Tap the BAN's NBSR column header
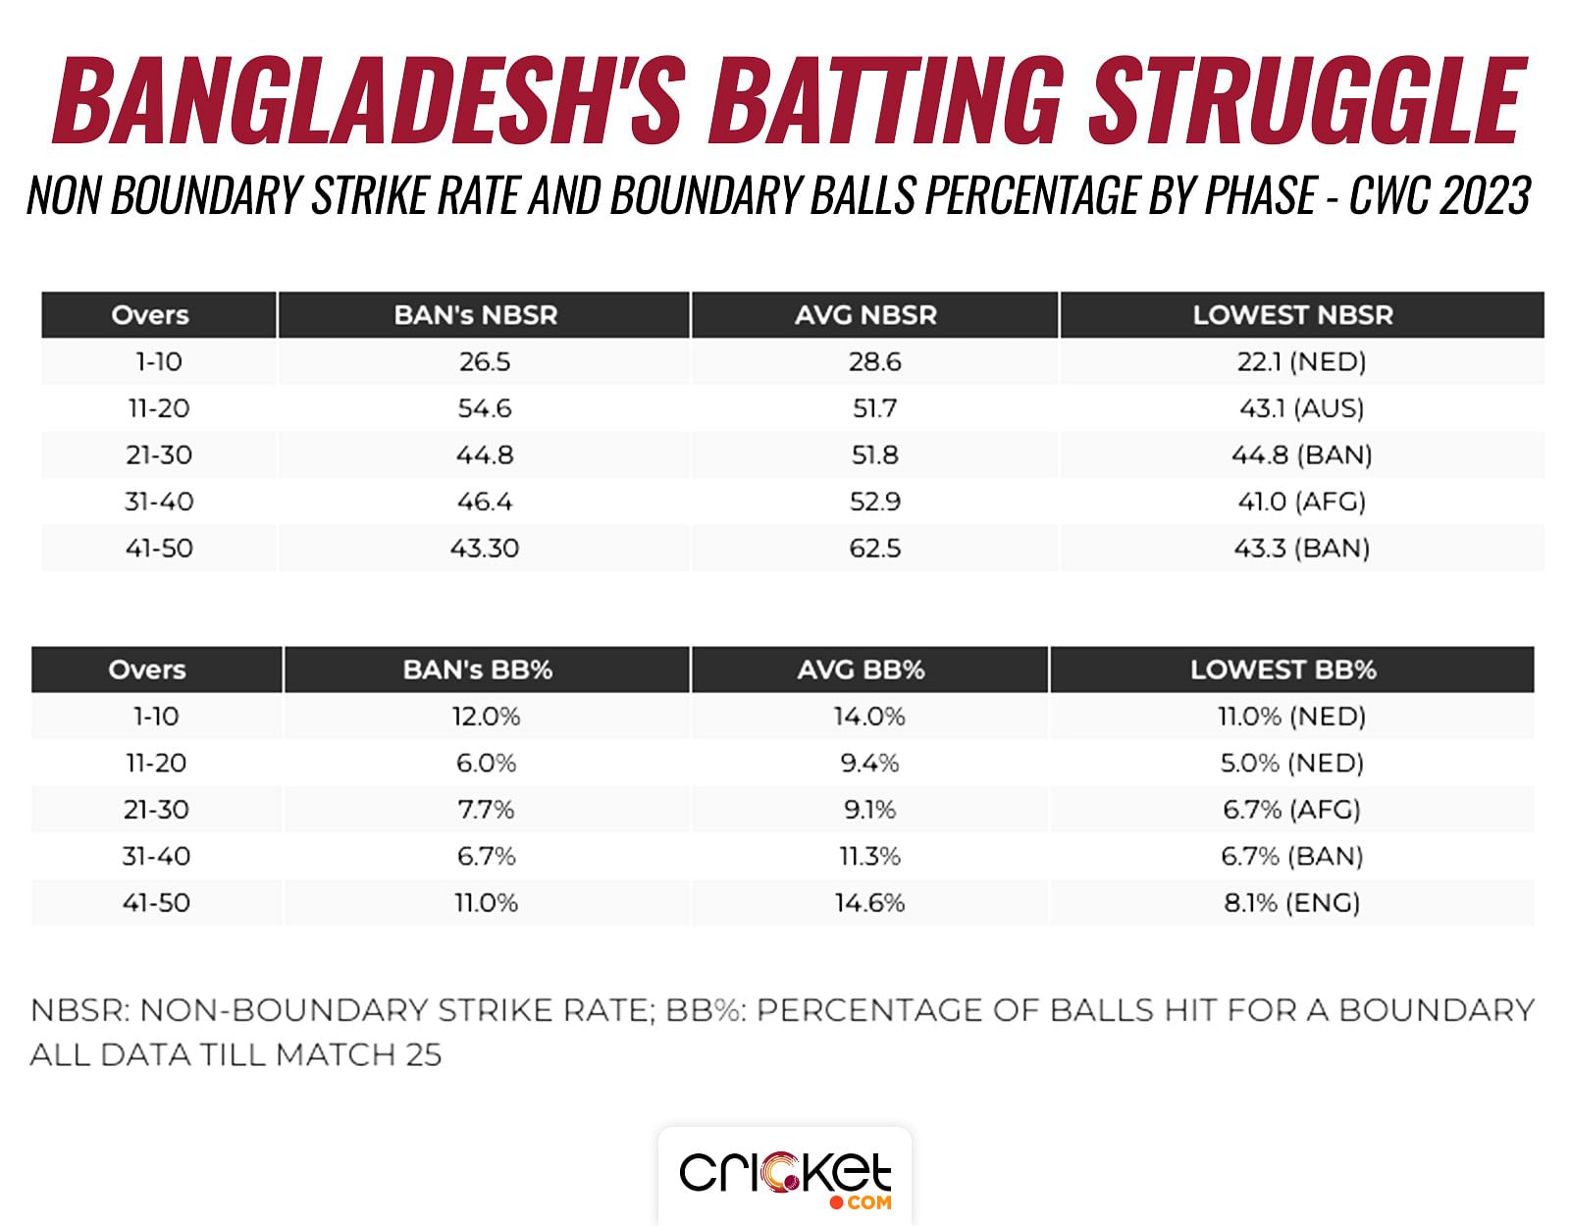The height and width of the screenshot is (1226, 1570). pyautogui.click(x=476, y=315)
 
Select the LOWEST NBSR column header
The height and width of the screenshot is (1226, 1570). pyautogui.click(x=1292, y=315)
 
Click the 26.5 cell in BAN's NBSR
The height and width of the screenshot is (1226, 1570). pyautogui.click(x=485, y=362)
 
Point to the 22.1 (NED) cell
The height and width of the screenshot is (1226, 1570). pyautogui.click(x=1301, y=362)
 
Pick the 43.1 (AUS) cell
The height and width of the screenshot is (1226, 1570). pyautogui.click(x=1301, y=408)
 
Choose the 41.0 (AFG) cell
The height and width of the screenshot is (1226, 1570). pyautogui.click(x=1301, y=502)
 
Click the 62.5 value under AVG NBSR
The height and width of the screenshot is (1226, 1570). pyautogui.click(x=875, y=548)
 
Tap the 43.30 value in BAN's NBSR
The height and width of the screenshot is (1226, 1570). pyautogui.click(x=485, y=548)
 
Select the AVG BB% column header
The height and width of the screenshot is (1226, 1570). pyautogui.click(x=862, y=669)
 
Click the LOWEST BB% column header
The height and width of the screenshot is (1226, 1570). pyautogui.click(x=1283, y=669)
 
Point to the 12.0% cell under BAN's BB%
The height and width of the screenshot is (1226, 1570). pyautogui.click(x=486, y=717)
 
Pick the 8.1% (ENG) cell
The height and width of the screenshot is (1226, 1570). pyautogui.click(x=1291, y=903)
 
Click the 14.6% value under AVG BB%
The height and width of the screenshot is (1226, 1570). pyautogui.click(x=869, y=903)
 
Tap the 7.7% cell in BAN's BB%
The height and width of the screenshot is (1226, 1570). pyautogui.click(x=486, y=810)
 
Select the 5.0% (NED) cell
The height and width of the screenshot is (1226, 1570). pyautogui.click(x=1291, y=764)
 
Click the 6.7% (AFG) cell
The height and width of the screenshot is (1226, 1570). pyautogui.click(x=1291, y=810)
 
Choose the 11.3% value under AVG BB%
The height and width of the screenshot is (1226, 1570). pyautogui.click(x=869, y=857)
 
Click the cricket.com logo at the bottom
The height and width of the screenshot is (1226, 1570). pyautogui.click(x=785, y=1178)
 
